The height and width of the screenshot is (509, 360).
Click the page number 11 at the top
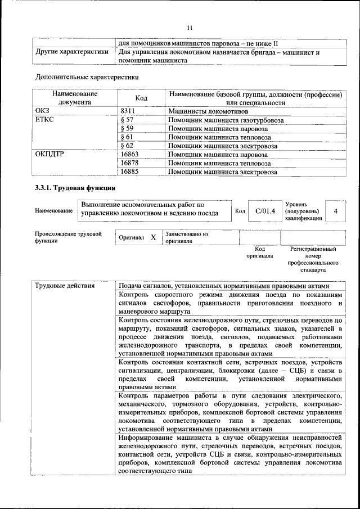(x=190, y=27)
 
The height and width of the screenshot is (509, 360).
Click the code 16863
(x=132, y=155)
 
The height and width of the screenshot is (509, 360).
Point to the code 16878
(x=132, y=163)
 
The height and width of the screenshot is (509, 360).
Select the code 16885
(x=132, y=172)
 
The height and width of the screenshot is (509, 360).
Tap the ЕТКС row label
(x=45, y=120)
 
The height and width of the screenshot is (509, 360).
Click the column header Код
(x=142, y=98)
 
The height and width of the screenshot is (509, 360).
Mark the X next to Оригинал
(x=153, y=238)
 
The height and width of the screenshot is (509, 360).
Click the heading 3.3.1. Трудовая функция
(x=75, y=188)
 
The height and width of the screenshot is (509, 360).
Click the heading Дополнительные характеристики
(x=87, y=77)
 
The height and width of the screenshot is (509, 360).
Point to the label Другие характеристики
(x=71, y=52)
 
